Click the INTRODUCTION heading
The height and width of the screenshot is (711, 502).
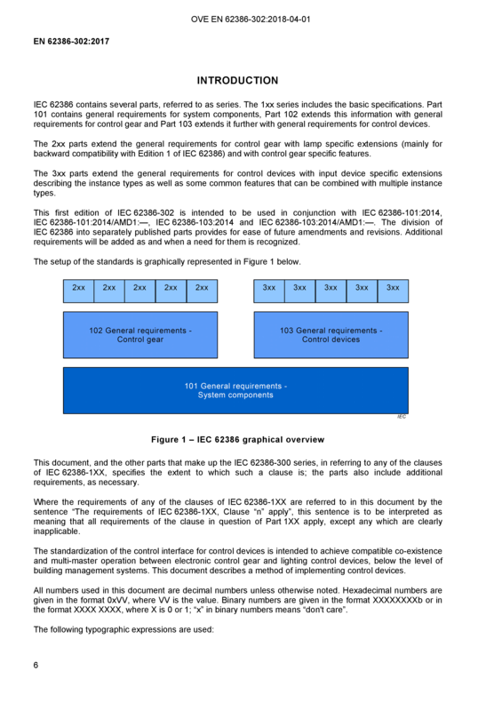coord(237,80)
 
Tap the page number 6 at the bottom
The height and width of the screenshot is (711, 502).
coord(36,665)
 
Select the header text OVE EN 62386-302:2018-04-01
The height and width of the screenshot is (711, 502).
coord(251,19)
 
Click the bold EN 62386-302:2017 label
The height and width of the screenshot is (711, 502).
coord(71,41)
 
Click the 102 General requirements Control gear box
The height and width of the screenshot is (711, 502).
coord(140,335)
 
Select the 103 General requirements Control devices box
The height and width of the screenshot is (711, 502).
coord(331,335)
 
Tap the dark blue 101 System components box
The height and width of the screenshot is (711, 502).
coord(235,390)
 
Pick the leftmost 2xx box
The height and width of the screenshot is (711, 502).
coord(78,292)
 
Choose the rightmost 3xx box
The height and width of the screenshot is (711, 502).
coord(394,292)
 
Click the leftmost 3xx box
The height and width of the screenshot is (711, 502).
coord(269,292)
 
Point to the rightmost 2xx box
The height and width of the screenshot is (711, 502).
coord(202,292)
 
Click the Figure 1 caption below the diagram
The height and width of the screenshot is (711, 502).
coord(237,439)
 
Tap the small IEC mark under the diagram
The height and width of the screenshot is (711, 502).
coord(402,417)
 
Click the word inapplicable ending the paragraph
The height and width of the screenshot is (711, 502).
coord(57,531)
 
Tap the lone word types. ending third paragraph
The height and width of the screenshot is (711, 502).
coord(44,193)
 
